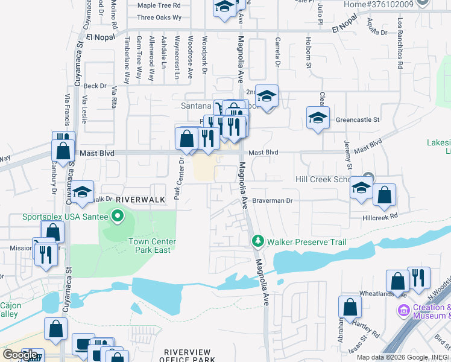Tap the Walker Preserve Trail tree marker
[x=258, y=241]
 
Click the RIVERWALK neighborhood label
[x=139, y=199]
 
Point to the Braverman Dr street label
[x=272, y=200]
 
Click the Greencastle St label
[x=358, y=119]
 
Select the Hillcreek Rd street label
[x=380, y=216]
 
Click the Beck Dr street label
[x=95, y=86]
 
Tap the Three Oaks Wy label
[x=159, y=17]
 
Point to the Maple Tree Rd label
[x=159, y=5]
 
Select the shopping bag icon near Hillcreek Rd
[x=384, y=195]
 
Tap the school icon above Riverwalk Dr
[x=83, y=192]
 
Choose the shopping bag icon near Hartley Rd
[x=350, y=307]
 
